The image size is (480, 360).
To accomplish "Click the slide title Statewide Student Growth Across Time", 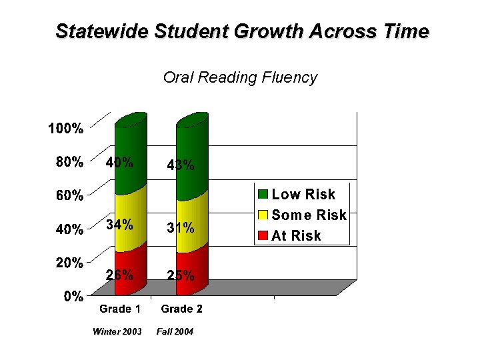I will point(242,31).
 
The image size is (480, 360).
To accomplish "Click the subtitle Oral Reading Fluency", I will point(240,77).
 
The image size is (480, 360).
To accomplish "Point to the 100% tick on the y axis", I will point(65,129).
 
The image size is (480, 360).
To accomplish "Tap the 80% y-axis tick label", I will point(69,162).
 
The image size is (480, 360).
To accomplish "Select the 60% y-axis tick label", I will point(69,196).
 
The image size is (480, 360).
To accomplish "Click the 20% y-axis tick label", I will point(69,263).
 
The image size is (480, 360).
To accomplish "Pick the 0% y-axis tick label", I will point(73,297).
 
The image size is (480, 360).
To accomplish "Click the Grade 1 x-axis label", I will point(120,309).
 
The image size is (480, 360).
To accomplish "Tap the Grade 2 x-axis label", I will point(181,309).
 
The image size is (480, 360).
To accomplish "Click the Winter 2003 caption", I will point(117,331).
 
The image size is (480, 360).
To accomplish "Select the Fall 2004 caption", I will point(175,331).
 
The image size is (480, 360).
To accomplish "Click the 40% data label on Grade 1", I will point(119,162).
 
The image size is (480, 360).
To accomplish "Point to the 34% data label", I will point(119,225).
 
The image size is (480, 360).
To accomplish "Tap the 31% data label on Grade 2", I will point(181,228).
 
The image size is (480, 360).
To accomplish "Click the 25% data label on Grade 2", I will point(181,275).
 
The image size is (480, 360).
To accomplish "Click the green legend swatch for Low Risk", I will point(263,195).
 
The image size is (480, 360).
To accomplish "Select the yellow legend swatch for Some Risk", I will point(263,215).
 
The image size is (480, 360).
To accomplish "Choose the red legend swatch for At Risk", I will point(263,235).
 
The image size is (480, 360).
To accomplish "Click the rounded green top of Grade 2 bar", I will point(193,119).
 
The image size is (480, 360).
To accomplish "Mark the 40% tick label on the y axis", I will point(69,229).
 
